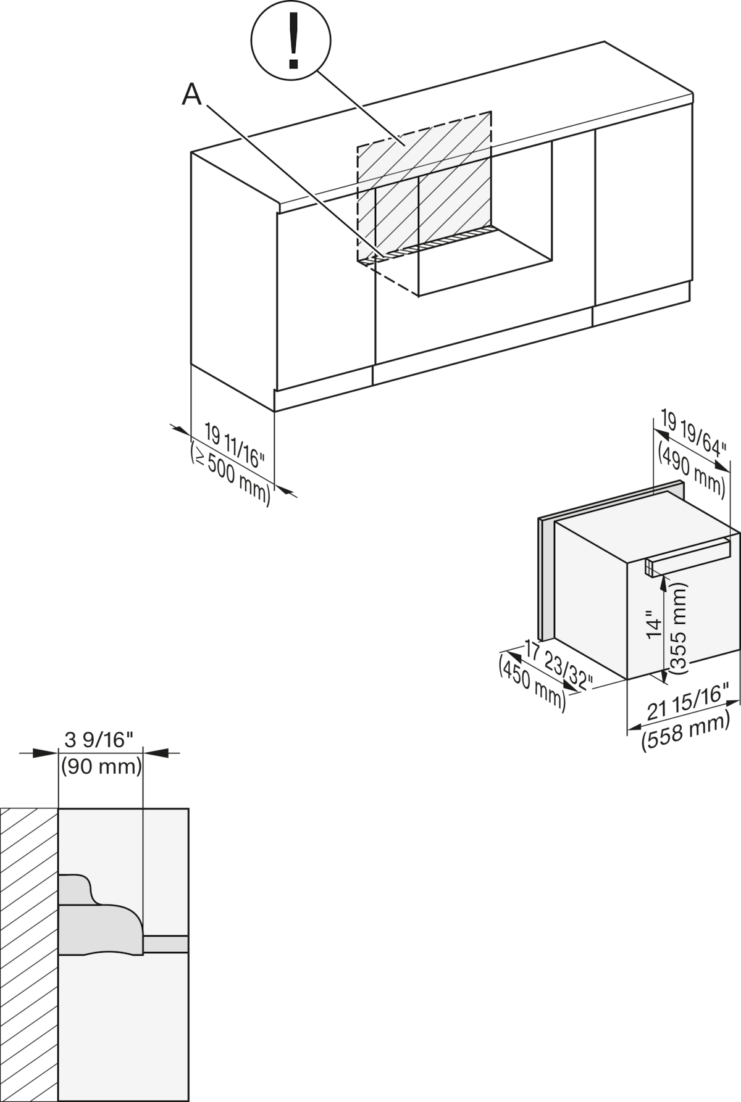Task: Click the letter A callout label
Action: pyautogui.click(x=192, y=95)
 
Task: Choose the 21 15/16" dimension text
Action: pyautogui.click(x=687, y=703)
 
